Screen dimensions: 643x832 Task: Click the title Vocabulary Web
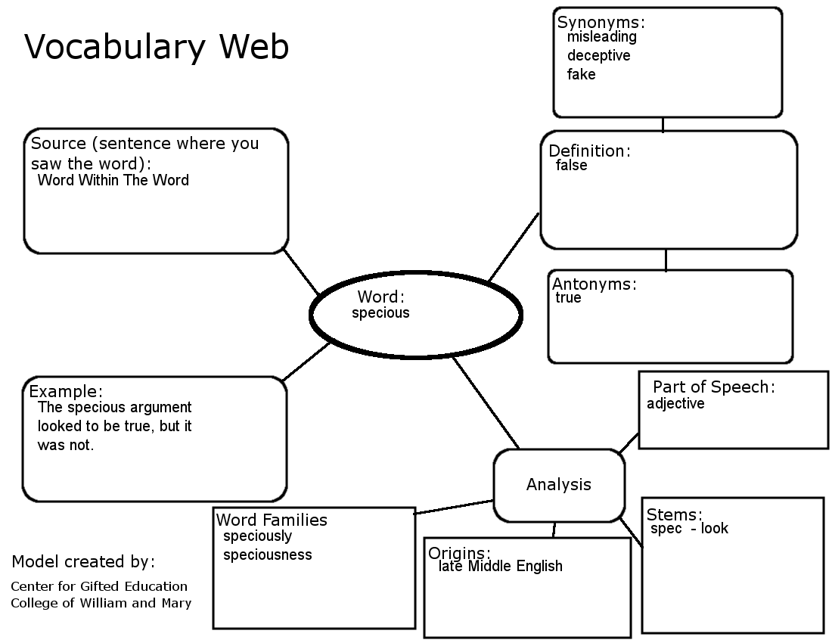pos(157,47)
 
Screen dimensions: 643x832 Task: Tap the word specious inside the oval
pos(380,313)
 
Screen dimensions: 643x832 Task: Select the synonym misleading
pos(602,36)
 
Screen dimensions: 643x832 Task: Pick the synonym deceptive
pos(598,55)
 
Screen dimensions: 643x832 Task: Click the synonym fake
pos(581,74)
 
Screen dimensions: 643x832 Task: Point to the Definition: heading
pos(589,151)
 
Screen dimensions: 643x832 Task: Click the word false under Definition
pos(571,165)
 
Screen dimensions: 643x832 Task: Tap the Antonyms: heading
pos(595,284)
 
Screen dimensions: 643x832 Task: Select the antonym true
pos(568,298)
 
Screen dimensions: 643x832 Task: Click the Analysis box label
pos(559,485)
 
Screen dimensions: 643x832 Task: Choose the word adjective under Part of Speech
pos(675,403)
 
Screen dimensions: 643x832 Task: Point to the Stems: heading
pos(675,514)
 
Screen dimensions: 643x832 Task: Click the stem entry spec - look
pos(689,529)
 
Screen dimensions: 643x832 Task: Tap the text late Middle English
pos(500,567)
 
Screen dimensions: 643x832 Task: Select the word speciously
pos(257,536)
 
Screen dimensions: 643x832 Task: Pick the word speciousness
pos(267,554)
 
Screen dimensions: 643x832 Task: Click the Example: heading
pos(66,392)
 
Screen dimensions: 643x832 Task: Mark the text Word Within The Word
pos(113,180)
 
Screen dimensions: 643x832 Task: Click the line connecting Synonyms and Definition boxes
pos(663,124)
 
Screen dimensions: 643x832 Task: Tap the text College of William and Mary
pos(101,603)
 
